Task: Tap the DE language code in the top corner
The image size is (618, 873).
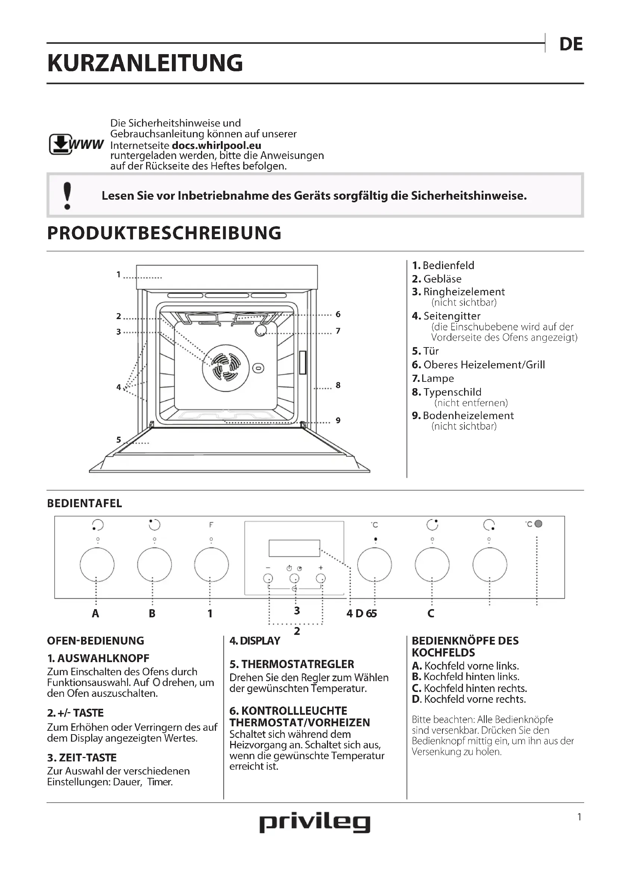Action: pyautogui.click(x=571, y=44)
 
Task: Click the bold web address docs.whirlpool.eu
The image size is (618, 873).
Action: pyautogui.click(x=217, y=145)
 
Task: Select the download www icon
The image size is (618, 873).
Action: pyautogui.click(x=76, y=144)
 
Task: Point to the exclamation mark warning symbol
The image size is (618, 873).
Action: pyautogui.click(x=67, y=196)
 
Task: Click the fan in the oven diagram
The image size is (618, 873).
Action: pyautogui.click(x=226, y=368)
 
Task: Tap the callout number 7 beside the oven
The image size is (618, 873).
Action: pyautogui.click(x=338, y=331)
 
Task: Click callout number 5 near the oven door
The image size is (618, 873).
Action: pyautogui.click(x=119, y=440)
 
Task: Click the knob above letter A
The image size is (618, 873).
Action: pyautogui.click(x=97, y=565)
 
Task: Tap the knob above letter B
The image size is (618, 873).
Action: pyautogui.click(x=154, y=565)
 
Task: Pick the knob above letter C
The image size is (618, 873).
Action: pyautogui.click(x=432, y=565)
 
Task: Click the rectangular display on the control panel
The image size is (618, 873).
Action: pyautogui.click(x=294, y=548)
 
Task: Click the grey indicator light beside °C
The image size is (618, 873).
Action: pyautogui.click(x=538, y=524)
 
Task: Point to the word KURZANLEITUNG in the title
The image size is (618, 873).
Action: pyautogui.click(x=145, y=63)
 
